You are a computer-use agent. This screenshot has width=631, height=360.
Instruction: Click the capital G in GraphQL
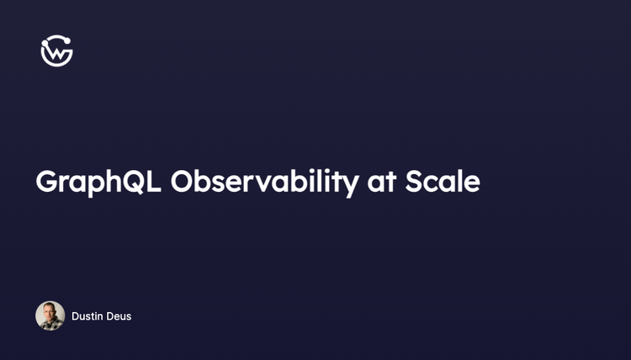47,182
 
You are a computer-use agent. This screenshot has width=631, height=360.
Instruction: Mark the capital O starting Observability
183,182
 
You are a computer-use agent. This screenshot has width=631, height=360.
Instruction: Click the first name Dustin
87,316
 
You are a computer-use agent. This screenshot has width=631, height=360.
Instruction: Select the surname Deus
119,316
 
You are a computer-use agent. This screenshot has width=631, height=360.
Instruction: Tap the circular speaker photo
50,316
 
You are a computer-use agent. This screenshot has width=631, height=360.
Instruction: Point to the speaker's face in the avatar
50,311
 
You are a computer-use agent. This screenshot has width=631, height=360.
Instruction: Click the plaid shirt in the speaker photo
50,326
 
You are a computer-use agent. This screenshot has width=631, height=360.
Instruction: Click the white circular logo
56,51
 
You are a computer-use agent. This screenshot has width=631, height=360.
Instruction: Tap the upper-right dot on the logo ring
66,40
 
